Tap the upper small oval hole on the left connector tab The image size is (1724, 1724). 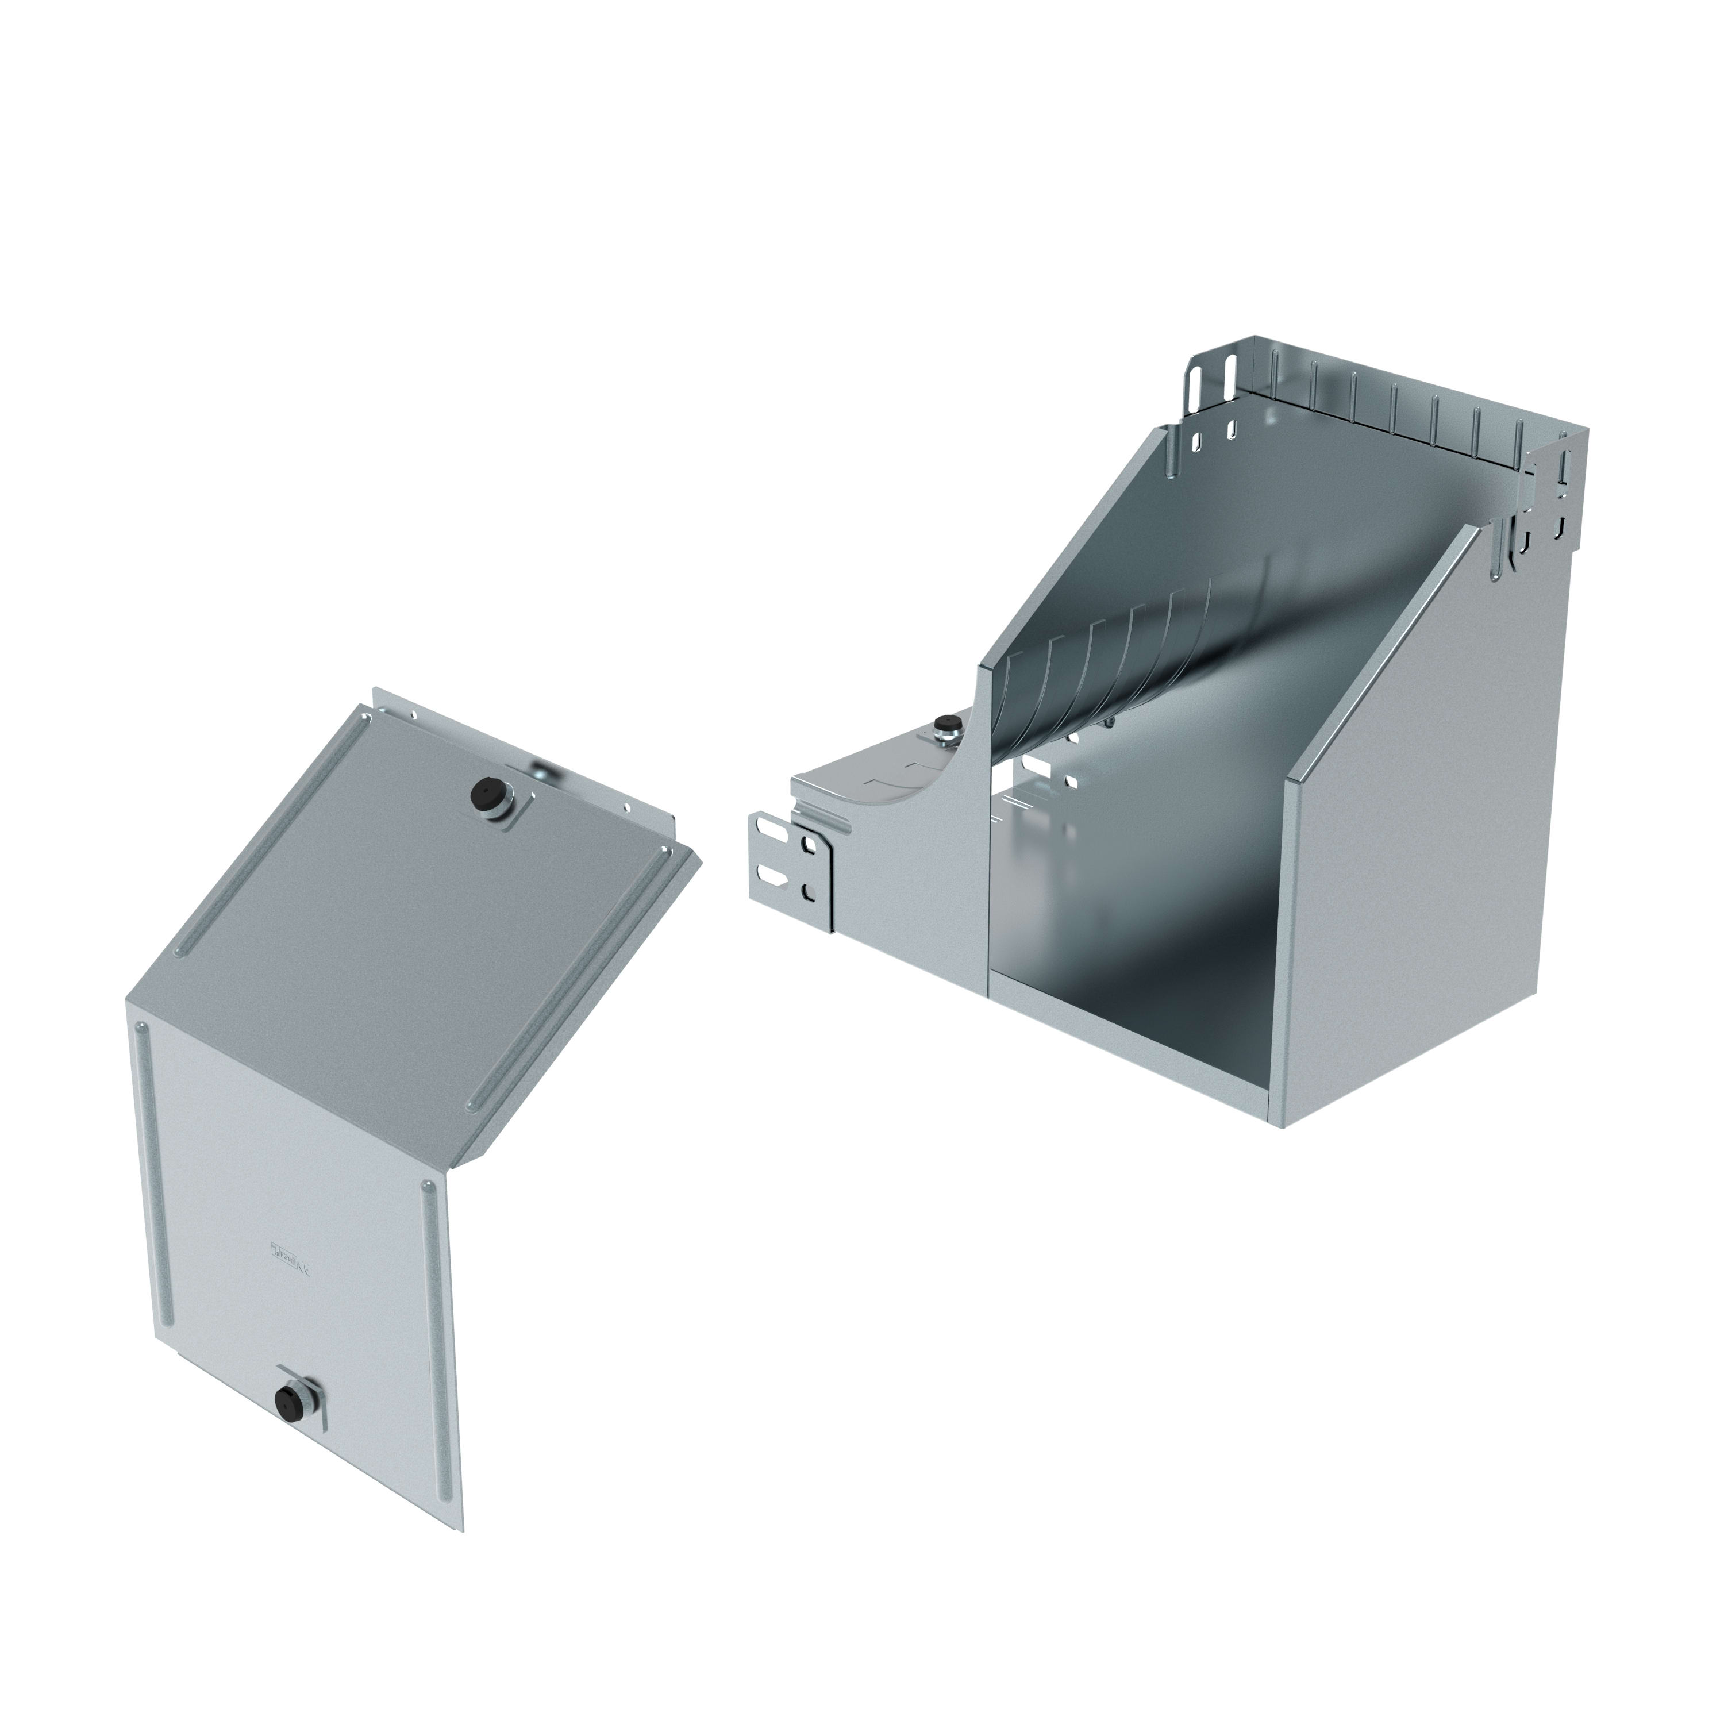809,843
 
